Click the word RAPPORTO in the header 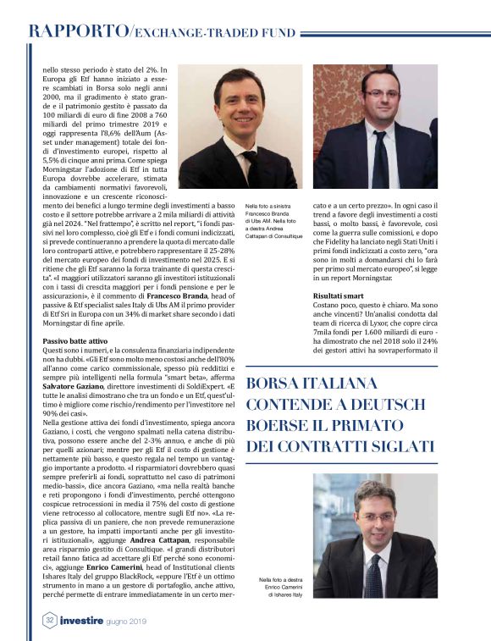click(x=75, y=32)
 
